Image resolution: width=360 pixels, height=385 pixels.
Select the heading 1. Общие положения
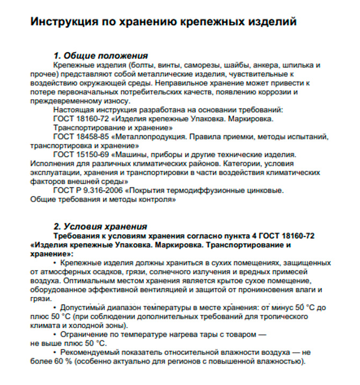[x=101, y=56]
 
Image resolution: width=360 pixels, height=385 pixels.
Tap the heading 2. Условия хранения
[x=100, y=226]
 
